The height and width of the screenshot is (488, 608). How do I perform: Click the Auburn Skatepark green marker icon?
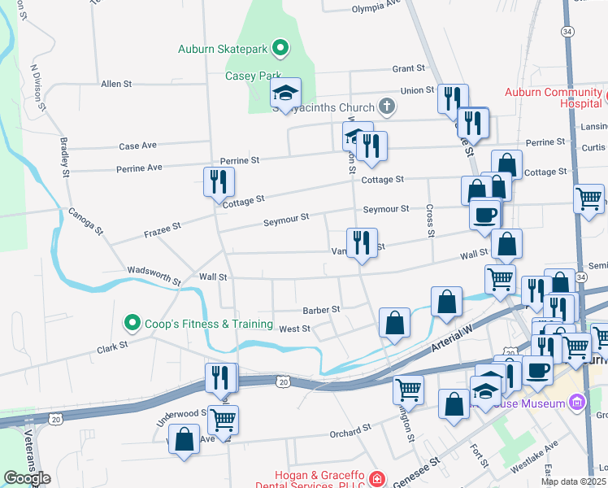pyautogui.click(x=280, y=49)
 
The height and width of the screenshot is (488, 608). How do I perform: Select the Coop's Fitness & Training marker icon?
pyautogui.click(x=132, y=324)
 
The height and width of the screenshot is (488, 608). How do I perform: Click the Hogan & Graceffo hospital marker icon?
pyautogui.click(x=376, y=480)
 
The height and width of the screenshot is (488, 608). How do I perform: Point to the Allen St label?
pyautogui.click(x=116, y=84)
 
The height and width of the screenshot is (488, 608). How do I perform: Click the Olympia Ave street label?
pyautogui.click(x=376, y=9)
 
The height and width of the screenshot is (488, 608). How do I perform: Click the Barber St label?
pyautogui.click(x=320, y=309)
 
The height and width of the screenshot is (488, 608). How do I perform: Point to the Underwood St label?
pyautogui.click(x=182, y=413)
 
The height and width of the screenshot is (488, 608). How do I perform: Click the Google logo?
pyautogui.click(x=27, y=478)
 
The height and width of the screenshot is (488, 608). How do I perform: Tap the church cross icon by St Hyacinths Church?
pyautogui.click(x=387, y=107)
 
